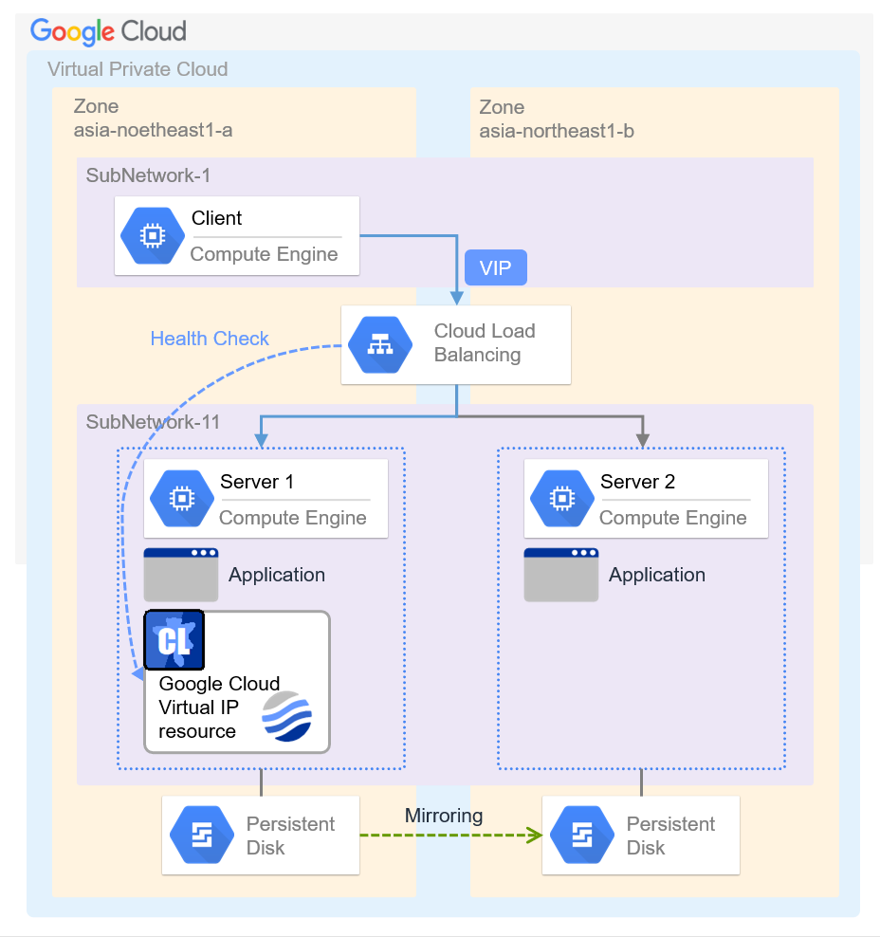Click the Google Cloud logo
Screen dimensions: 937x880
[108, 30]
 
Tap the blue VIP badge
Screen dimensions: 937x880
[495, 267]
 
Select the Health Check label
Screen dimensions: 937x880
[210, 339]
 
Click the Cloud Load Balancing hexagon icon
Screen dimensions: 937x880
[380, 345]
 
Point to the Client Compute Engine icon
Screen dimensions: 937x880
[153, 236]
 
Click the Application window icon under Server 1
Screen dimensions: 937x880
[181, 574]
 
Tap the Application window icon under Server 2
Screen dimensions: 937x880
[561, 574]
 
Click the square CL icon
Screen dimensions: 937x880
[174, 640]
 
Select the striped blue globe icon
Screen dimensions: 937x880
[287, 716]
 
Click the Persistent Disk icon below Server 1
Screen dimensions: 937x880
[201, 836]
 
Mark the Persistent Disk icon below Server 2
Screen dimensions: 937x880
[581, 836]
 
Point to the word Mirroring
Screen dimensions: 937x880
[444, 816]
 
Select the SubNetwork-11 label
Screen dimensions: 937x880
[153, 422]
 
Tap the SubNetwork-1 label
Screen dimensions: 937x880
[148, 175]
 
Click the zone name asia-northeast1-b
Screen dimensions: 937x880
[557, 131]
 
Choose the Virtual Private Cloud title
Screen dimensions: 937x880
[137, 69]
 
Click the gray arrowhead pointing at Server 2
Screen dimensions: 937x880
[642, 439]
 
